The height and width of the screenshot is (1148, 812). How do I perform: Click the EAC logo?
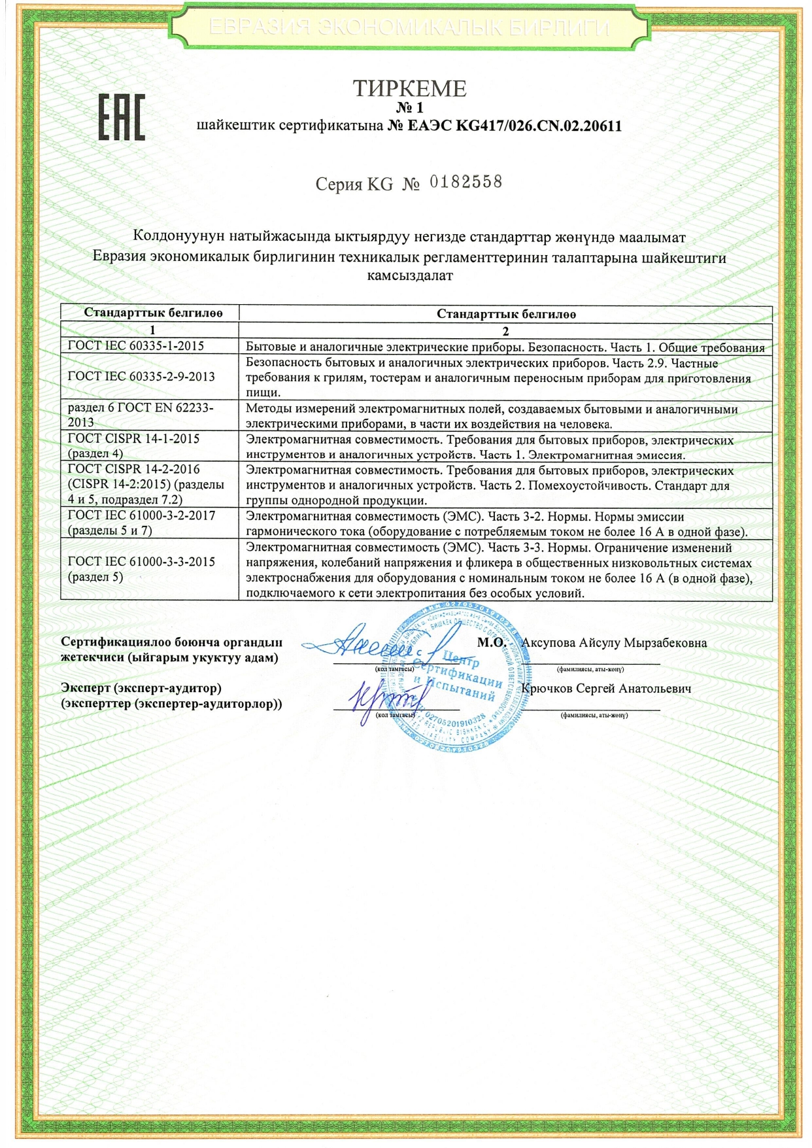pyautogui.click(x=122, y=118)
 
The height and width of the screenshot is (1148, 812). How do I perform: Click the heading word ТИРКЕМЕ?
pyautogui.click(x=409, y=88)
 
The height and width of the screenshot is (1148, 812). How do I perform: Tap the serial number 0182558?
pyautogui.click(x=465, y=182)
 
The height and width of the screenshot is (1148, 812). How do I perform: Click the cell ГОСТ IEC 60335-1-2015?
pyautogui.click(x=136, y=346)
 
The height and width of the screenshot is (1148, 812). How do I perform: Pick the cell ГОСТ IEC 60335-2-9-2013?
pyautogui.click(x=141, y=376)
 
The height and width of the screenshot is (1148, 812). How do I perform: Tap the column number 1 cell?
pyautogui.click(x=152, y=330)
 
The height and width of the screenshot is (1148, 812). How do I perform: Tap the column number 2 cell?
pyautogui.click(x=505, y=331)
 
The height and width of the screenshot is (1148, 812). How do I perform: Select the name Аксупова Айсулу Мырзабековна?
pyautogui.click(x=614, y=642)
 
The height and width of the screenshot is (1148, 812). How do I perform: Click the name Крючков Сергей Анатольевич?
pyautogui.click(x=606, y=688)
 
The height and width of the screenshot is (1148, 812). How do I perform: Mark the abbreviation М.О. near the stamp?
pyautogui.click(x=491, y=642)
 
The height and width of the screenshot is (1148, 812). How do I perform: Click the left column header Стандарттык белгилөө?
pyautogui.click(x=153, y=313)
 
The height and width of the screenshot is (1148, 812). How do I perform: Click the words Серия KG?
pyautogui.click(x=354, y=184)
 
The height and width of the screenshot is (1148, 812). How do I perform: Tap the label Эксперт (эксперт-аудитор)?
pyautogui.click(x=141, y=688)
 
